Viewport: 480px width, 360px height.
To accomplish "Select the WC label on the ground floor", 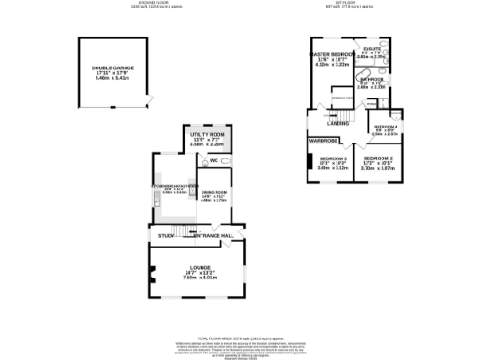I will pos(214,161).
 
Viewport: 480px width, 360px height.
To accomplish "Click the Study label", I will pos(166,235).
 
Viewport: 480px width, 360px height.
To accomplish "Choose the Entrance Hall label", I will pos(213,235).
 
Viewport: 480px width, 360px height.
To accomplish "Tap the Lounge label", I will pos(197,267).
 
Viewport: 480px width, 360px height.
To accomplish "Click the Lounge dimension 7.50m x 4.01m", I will pos(197,277).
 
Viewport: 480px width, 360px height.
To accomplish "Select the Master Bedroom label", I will pos(330,55).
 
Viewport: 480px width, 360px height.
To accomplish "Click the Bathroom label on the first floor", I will pos(372,79).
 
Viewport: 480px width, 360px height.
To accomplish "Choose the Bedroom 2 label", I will pos(378,158).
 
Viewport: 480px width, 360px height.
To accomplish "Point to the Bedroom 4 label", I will pos(385,127).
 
